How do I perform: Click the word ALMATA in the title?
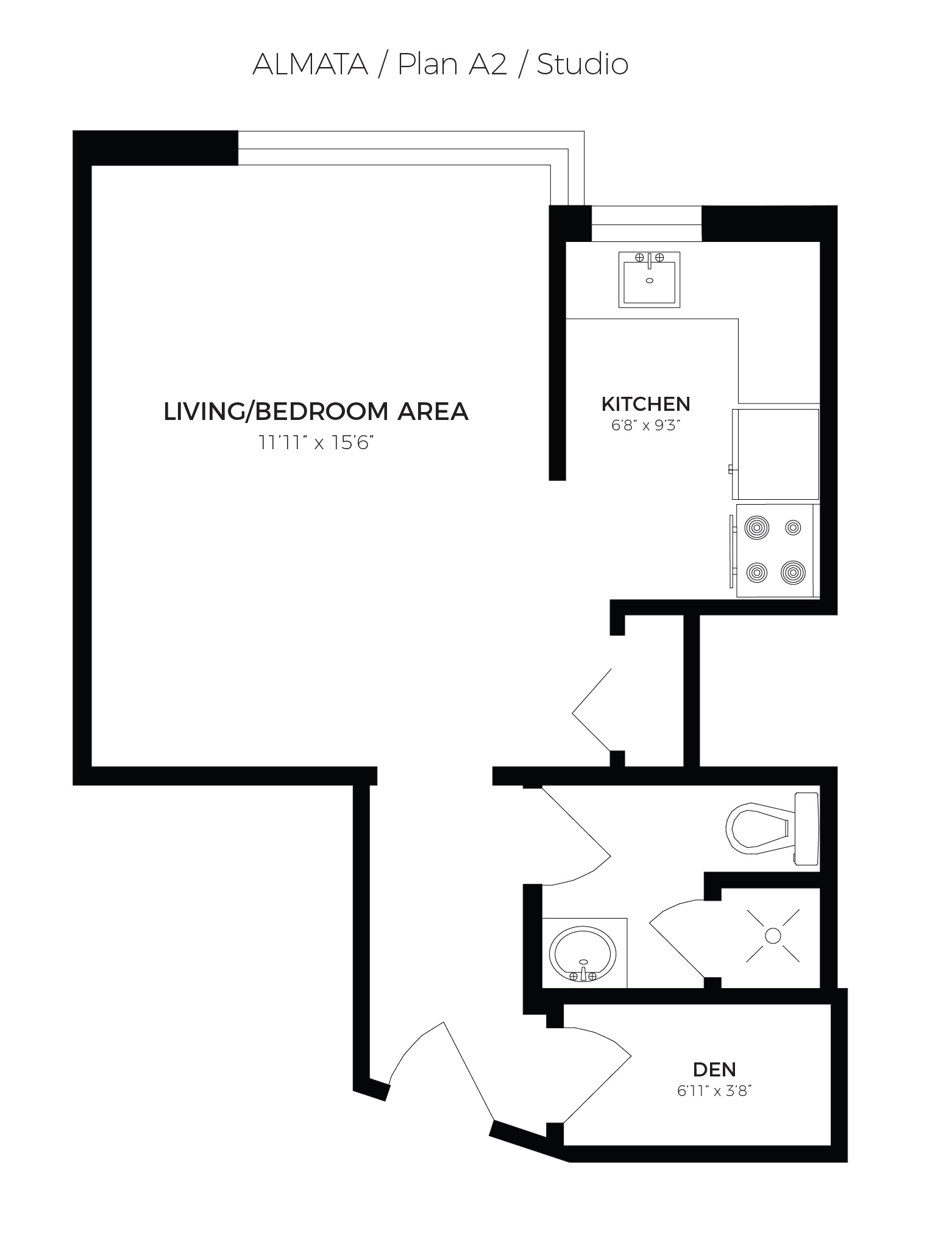(310, 64)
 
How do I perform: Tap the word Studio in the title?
(582, 64)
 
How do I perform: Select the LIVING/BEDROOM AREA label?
(316, 411)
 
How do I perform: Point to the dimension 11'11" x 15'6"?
(316, 443)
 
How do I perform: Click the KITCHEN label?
(645, 404)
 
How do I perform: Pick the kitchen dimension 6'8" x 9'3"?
(645, 425)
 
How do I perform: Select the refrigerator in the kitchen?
(776, 454)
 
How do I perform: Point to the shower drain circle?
(773, 936)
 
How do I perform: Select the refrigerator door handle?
(730, 469)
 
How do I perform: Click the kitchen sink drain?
(649, 280)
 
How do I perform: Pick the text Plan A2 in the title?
(452, 64)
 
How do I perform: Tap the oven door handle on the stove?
(731, 550)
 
